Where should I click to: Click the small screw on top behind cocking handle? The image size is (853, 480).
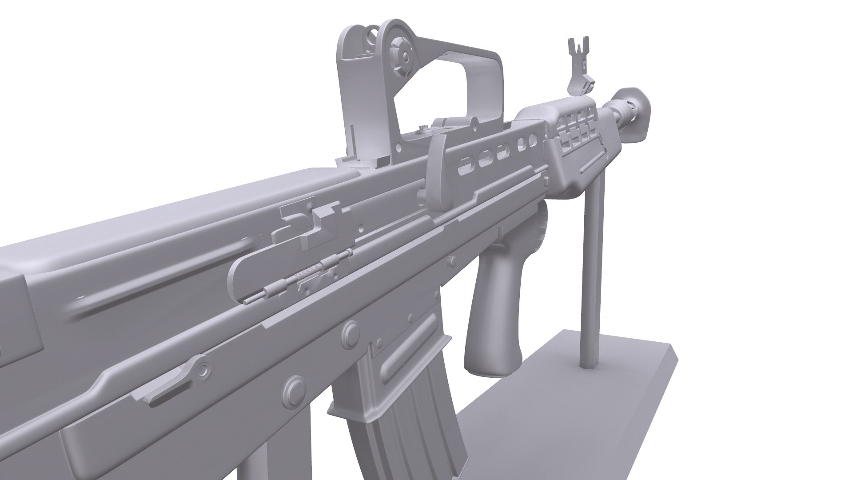[424, 128]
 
